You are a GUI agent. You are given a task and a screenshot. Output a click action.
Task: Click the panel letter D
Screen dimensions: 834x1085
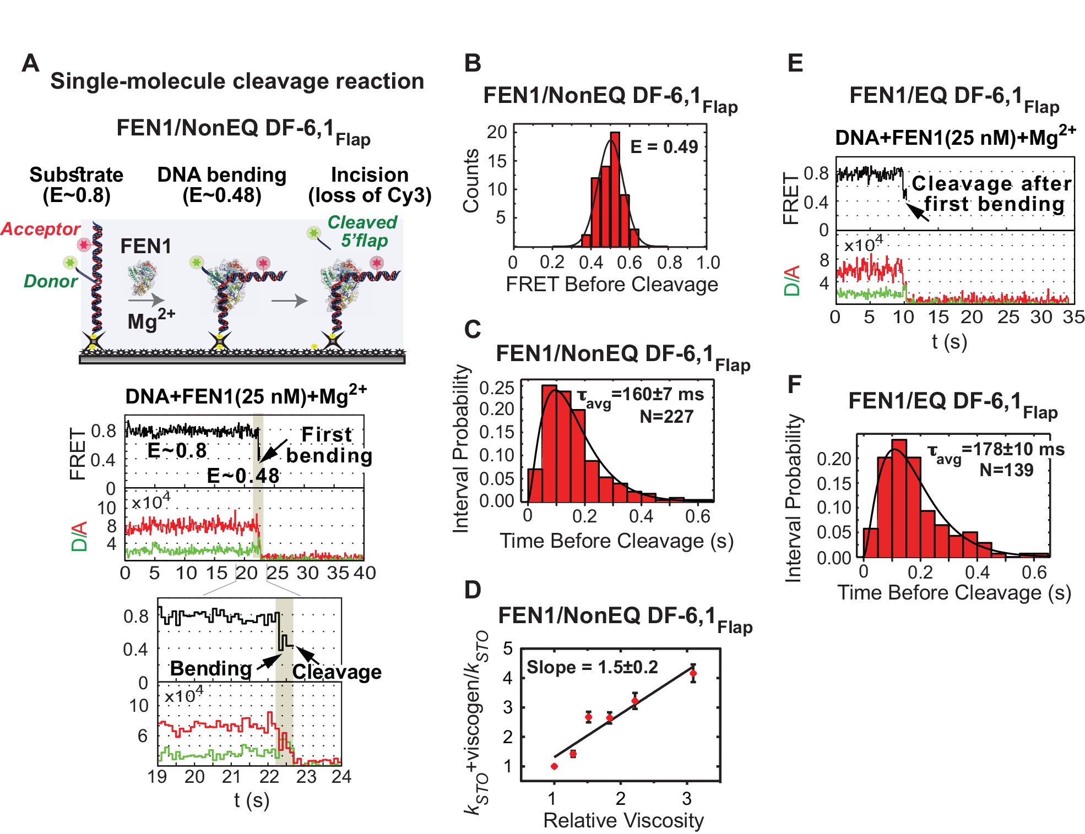(473, 590)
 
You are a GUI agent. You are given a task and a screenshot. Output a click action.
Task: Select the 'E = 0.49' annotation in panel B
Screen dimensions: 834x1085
(664, 147)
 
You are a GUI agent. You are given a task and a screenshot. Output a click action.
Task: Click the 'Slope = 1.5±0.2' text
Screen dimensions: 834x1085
(592, 667)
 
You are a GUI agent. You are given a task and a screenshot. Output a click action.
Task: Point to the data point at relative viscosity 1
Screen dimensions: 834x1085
(554, 766)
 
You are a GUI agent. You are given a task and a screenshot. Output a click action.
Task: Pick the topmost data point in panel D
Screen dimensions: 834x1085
(693, 673)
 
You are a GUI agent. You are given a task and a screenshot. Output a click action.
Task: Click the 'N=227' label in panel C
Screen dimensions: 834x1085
(666, 417)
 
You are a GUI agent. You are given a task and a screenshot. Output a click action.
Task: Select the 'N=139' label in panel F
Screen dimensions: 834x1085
(1006, 470)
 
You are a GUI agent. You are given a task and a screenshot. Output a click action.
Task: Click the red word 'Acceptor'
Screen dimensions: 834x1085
(41, 229)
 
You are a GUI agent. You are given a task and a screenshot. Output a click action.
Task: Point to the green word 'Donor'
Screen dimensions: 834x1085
(51, 281)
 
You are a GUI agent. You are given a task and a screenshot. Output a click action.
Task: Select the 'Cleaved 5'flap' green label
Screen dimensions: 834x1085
(362, 231)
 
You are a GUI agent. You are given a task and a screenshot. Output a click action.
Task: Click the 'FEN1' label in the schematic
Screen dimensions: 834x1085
(145, 246)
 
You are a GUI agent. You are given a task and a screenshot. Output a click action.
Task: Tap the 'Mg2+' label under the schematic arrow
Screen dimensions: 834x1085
(150, 320)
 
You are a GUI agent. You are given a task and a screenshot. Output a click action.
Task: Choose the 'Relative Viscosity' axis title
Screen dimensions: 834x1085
(623, 820)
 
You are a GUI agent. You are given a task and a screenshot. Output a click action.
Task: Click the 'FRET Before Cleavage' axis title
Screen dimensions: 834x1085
(612, 284)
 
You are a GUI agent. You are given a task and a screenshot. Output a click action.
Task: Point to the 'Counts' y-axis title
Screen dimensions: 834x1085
(471, 181)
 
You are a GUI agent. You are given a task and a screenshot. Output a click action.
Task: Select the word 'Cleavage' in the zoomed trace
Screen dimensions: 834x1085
(337, 672)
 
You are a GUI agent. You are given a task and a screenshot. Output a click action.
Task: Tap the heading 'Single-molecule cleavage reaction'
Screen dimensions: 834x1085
(237, 81)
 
